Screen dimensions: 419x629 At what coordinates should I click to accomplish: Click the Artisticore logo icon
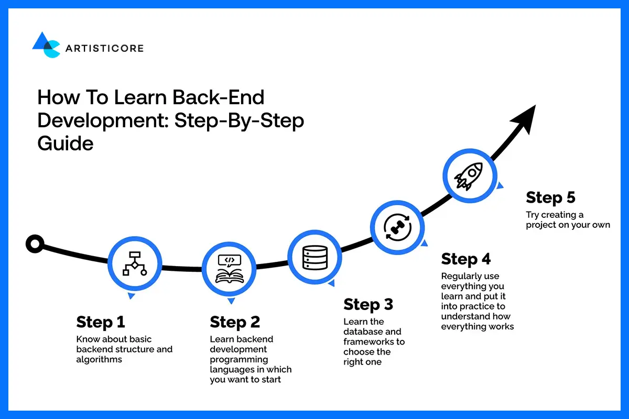[46, 45]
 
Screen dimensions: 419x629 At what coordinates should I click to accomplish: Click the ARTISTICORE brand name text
[104, 49]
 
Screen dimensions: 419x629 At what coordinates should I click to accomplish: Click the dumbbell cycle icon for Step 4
[398, 226]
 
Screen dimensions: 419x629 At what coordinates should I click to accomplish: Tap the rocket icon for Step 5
[469, 176]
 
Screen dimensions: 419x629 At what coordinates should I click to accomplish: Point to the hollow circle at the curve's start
[35, 244]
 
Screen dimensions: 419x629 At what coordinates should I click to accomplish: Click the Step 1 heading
[101, 322]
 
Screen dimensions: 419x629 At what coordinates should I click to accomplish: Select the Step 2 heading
[235, 322]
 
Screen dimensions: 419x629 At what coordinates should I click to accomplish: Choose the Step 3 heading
[368, 304]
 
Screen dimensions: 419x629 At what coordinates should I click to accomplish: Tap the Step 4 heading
[466, 259]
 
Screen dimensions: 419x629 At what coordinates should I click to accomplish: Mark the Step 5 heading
[550, 197]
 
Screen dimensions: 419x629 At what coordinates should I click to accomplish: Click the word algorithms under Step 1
[99, 359]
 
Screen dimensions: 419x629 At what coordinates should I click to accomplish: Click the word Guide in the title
[66, 142]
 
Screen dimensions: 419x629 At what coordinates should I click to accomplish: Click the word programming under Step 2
[239, 359]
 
